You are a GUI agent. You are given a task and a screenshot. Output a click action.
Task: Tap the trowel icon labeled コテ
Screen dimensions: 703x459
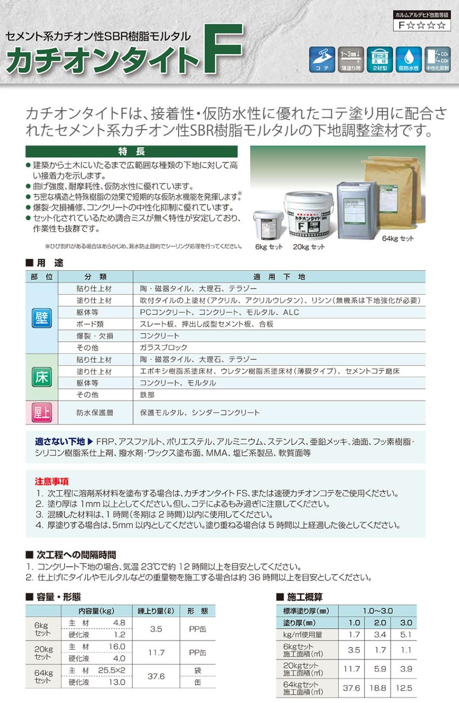(322, 59)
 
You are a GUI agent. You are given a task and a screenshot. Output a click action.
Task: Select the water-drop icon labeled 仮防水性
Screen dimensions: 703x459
(408, 59)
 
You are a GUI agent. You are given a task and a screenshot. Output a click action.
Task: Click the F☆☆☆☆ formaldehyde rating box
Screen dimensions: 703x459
(421, 25)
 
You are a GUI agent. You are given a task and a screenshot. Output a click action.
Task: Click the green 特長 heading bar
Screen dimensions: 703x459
(131, 152)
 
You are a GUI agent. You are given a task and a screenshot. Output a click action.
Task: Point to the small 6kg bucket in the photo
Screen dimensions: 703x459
(268, 225)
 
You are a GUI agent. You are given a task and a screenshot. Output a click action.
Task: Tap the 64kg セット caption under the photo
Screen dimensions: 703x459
(398, 239)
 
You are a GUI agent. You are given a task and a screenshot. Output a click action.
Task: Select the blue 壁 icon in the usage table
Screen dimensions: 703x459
(42, 318)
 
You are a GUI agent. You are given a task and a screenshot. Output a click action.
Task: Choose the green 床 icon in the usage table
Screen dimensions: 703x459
(42, 377)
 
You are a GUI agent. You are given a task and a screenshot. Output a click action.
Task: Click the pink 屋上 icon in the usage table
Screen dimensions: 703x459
(42, 413)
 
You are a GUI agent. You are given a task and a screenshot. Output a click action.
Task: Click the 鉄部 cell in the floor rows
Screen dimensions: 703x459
(147, 395)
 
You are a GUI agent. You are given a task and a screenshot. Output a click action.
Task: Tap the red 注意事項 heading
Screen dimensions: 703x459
(52, 481)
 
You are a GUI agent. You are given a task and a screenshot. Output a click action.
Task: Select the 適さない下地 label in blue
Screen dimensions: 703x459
(60, 442)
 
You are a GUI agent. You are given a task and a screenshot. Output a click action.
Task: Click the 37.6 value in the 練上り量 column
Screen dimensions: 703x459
(156, 676)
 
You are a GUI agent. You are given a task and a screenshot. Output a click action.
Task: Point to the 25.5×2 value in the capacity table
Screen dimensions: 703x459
(111, 671)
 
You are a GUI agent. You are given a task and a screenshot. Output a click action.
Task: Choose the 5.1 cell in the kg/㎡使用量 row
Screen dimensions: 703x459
(406, 635)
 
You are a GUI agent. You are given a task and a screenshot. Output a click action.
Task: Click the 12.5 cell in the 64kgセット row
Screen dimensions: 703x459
(404, 688)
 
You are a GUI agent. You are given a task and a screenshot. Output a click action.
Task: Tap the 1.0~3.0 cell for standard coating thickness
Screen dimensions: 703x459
(378, 611)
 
